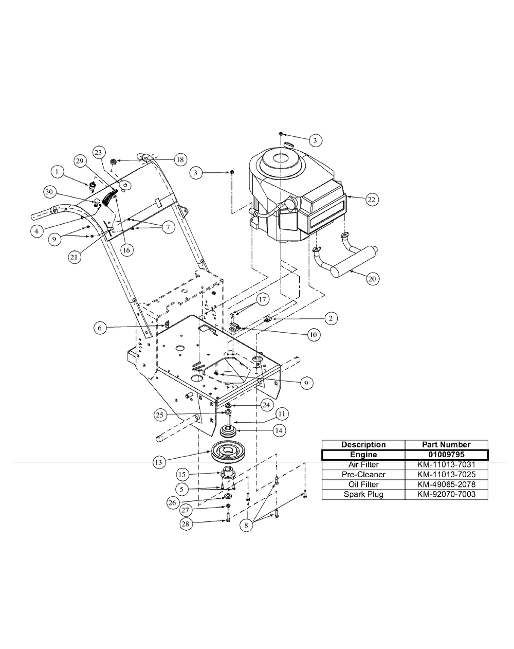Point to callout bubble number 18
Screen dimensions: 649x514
179,159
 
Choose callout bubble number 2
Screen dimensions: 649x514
332,318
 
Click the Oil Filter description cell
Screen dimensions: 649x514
363,484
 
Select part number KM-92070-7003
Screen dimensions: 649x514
446,494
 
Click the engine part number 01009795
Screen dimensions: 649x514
446,455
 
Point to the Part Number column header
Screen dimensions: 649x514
446,444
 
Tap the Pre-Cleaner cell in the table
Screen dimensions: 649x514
363,474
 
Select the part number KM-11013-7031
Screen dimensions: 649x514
446,464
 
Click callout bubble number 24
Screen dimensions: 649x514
266,405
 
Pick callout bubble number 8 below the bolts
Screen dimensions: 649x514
246,525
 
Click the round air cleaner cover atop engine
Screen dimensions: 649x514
278,161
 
